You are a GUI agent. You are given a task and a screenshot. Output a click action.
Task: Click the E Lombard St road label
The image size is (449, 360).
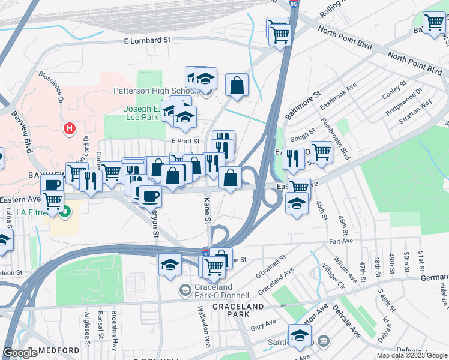click(147, 40)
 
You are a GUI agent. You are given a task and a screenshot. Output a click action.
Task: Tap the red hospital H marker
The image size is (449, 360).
click(70, 128)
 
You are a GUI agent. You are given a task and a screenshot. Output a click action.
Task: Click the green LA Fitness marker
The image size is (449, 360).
click(67, 211)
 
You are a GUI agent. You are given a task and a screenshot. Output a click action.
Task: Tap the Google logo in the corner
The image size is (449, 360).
click(20, 353)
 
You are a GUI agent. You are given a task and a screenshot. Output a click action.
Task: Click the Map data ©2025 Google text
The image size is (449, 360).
click(411, 355)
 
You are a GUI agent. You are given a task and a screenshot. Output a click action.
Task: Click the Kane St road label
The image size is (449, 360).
click(208, 212)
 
